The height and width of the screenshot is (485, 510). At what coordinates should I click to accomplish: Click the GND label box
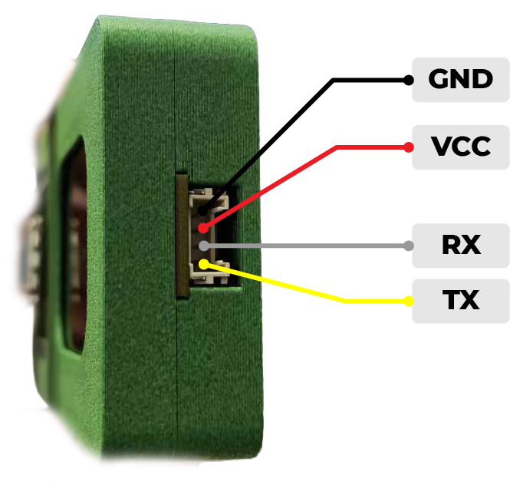460,80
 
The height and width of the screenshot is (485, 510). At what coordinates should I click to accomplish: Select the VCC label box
460,147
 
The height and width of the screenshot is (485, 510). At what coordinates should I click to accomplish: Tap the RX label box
460,246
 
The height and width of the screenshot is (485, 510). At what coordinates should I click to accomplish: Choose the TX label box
460,301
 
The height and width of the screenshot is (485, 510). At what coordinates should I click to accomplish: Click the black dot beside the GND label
408,79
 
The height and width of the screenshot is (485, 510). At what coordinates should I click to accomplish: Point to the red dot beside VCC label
408,146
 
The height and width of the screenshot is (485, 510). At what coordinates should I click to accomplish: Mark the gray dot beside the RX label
408,246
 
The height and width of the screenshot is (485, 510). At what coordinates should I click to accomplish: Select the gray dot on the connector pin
202,246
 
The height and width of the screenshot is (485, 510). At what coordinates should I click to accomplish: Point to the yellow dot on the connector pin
202,264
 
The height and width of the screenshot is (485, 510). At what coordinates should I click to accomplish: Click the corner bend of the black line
333,80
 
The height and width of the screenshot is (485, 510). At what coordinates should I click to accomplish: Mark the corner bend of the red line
336,147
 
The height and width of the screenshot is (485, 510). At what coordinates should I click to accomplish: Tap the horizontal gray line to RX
307,246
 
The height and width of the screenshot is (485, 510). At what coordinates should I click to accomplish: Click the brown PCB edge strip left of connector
181,235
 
